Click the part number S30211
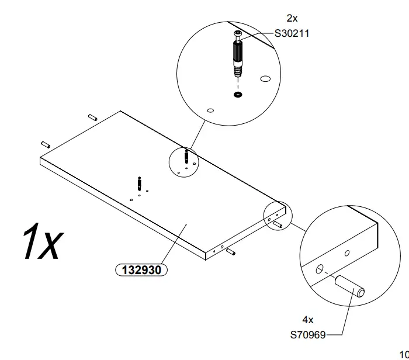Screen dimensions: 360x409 click(292, 34)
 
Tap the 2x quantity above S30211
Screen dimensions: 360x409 click(292, 18)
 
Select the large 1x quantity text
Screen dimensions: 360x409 click(40, 243)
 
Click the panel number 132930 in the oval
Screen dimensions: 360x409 click(142, 270)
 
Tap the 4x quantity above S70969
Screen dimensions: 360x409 click(307, 320)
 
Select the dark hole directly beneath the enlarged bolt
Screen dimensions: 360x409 click(238, 95)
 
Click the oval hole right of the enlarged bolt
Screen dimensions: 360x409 click(265, 78)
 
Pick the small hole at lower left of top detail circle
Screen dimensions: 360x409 click(210, 109)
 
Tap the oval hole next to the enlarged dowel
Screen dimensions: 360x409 click(320, 268)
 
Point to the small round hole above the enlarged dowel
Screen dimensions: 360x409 click(347, 253)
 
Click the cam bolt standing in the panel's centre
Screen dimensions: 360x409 click(139, 182)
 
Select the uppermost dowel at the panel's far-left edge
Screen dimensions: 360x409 click(92, 117)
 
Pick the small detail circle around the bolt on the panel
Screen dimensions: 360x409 click(184, 162)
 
